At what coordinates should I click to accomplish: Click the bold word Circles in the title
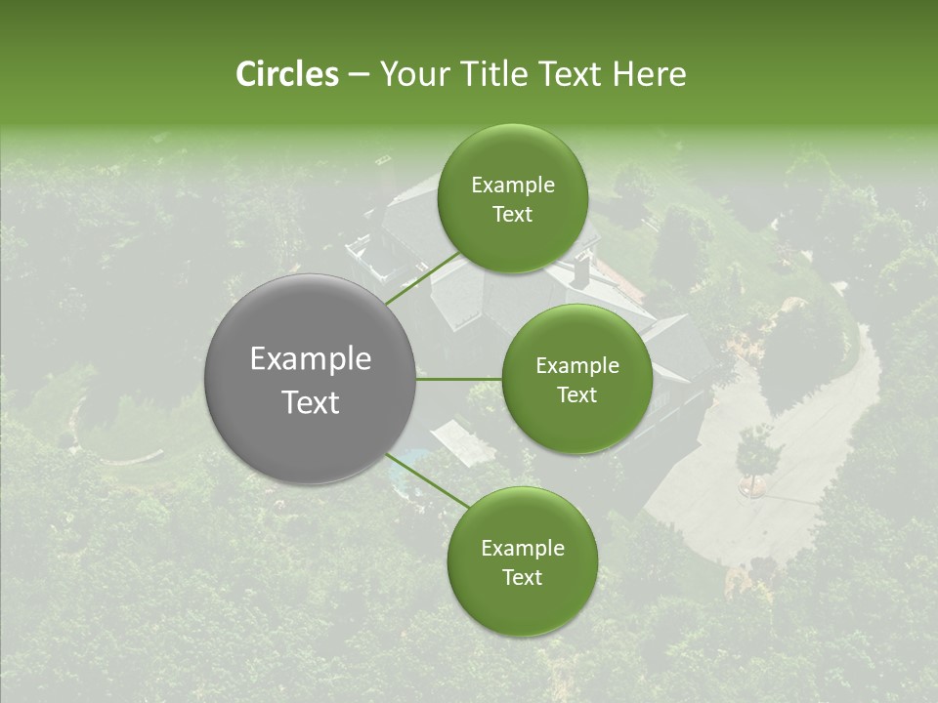[286, 74]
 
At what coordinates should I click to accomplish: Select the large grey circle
[311, 380]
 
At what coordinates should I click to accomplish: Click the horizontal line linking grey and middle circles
[459, 379]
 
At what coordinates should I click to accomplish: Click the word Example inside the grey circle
[311, 359]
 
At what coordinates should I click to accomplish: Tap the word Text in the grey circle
[311, 402]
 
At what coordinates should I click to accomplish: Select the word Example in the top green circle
[512, 186]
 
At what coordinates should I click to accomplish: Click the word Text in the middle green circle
[576, 395]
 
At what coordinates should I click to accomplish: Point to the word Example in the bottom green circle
[522, 548]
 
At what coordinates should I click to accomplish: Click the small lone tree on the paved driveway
[757, 454]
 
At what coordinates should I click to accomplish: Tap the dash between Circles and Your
[358, 74]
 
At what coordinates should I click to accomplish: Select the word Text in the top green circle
[512, 215]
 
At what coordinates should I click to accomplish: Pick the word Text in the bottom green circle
[522, 577]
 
